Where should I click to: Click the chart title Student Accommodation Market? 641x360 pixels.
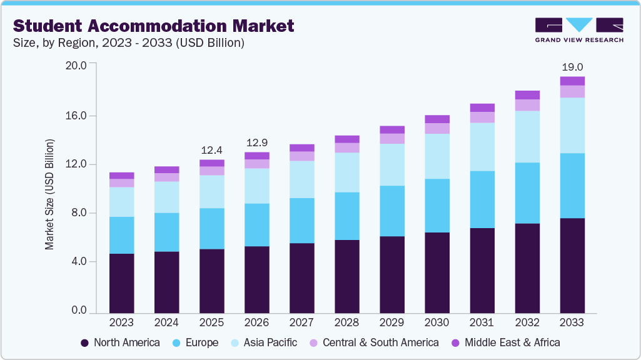(153, 26)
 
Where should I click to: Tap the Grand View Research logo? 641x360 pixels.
(578, 29)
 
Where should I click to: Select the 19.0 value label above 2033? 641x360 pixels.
(572, 67)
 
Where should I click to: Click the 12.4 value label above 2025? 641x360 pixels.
(211, 150)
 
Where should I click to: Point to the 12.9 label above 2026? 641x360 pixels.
(256, 142)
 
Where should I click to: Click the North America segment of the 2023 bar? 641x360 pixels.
(121, 282)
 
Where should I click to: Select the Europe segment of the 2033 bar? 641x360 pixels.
(572, 186)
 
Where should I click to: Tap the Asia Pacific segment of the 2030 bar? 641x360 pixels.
(437, 156)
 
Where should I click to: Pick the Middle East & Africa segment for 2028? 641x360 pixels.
(346, 139)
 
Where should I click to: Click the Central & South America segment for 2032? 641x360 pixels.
(527, 105)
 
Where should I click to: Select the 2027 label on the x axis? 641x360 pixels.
(301, 322)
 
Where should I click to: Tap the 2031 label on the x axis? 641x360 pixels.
(482, 322)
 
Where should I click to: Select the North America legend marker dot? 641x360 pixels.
(84, 342)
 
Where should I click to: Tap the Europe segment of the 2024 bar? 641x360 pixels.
(166, 232)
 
